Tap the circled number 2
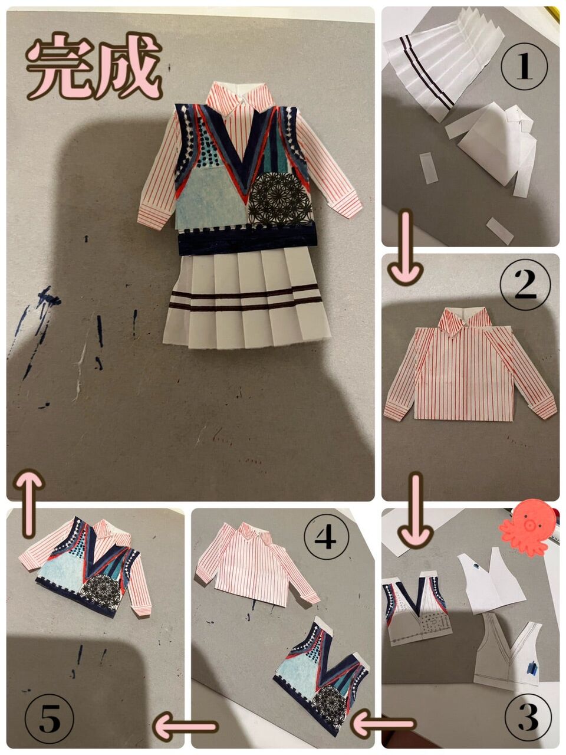tap(525, 284)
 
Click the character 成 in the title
tap(129, 66)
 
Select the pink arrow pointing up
tap(29, 504)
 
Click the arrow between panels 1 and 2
tap(406, 248)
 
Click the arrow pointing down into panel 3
tap(416, 507)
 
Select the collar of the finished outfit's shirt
tap(241, 96)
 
